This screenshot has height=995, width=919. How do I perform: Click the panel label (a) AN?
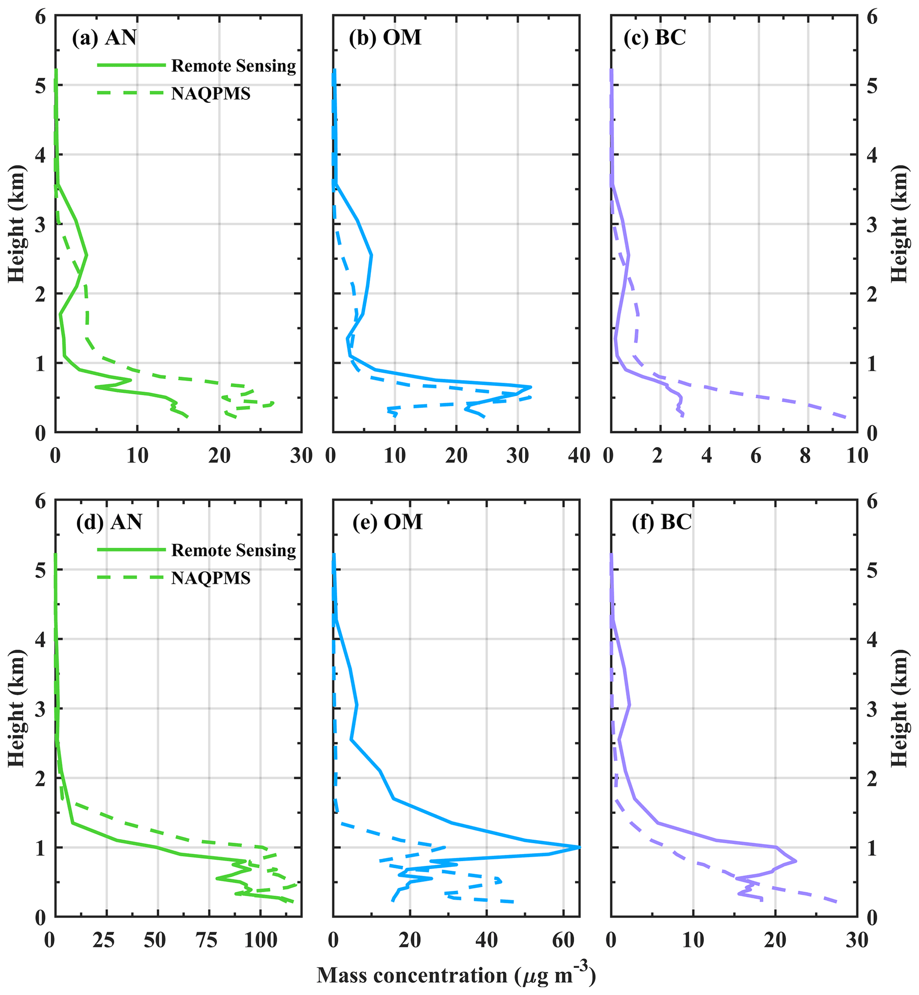104,38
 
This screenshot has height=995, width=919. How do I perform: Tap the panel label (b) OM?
385,38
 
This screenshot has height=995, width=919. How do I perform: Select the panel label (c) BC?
654,38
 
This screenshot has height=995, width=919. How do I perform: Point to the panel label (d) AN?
109,522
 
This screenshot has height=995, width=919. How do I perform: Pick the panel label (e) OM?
387,522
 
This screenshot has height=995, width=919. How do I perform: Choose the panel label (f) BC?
662,522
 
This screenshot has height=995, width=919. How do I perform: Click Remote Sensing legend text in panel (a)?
233,66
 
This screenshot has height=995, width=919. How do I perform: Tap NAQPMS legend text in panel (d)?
211,578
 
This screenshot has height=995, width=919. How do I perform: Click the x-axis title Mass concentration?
456,975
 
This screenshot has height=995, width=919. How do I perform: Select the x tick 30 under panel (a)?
301,455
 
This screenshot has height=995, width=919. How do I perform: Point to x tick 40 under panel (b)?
579,455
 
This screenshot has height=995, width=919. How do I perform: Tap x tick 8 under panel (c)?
805,455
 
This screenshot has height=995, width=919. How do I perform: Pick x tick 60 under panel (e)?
563,940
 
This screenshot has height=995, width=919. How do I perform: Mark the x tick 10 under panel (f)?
693,940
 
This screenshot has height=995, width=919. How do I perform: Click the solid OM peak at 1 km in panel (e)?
579,847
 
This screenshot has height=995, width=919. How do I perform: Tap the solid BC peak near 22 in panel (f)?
796,861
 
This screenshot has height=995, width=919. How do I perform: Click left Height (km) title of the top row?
16,223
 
